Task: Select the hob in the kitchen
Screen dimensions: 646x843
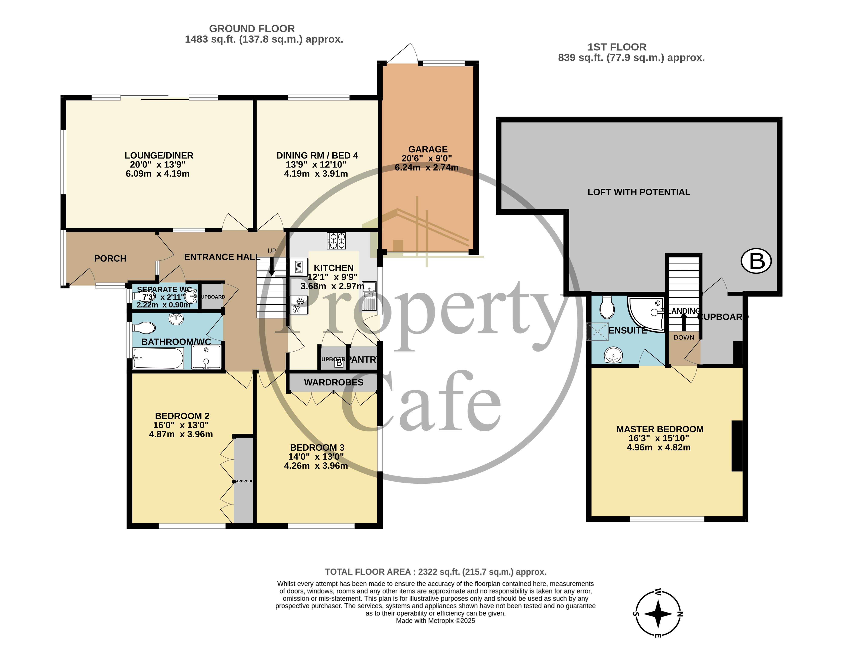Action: [336, 241]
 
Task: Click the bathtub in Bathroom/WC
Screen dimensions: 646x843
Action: [158, 358]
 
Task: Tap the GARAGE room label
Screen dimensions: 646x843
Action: [428, 149]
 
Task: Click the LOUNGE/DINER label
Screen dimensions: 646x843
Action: [159, 155]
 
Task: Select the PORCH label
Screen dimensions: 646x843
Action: [110, 258]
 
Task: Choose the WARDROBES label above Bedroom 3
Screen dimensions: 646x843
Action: [333, 382]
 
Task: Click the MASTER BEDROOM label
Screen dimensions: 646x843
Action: [660, 429]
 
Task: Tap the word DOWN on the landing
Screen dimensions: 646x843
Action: [684, 337]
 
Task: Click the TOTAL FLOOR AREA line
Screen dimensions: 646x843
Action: [435, 572]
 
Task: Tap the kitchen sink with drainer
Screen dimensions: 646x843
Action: [369, 296]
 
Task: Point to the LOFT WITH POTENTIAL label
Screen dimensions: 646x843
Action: [639, 192]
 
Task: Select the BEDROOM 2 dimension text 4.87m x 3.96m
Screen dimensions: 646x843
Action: [181, 434]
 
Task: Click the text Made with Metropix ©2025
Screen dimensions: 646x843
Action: [435, 621]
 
